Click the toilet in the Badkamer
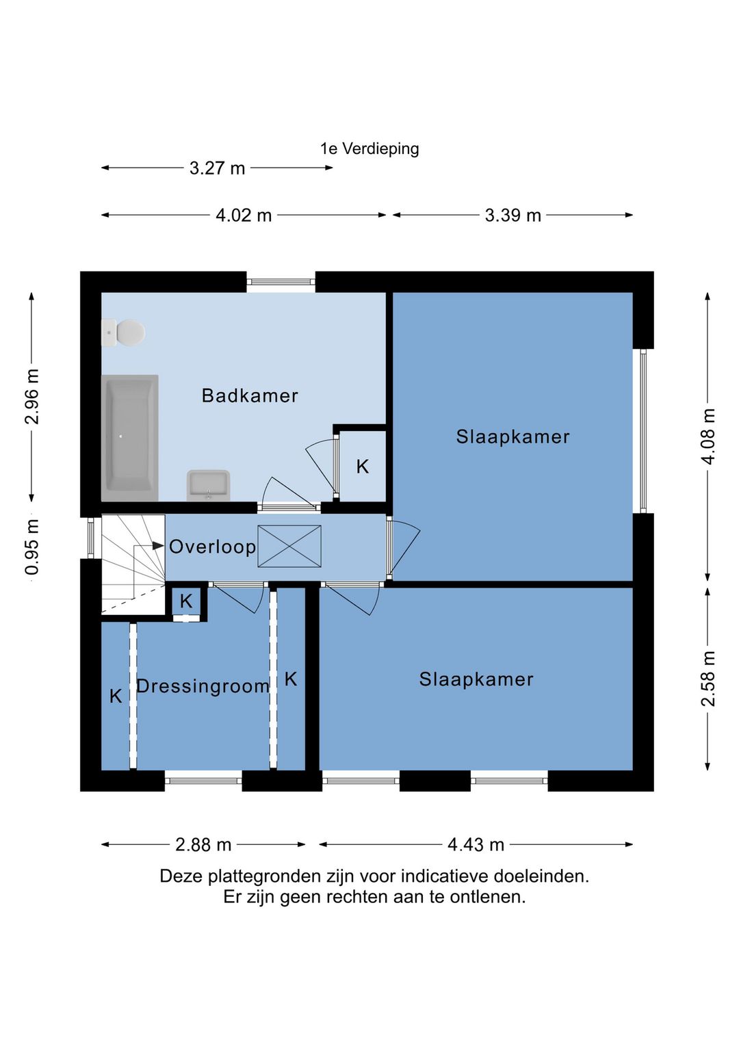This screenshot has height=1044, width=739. [x=123, y=332]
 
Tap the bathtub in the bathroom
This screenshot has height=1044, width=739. [x=129, y=438]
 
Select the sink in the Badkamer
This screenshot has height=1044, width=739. [x=209, y=485]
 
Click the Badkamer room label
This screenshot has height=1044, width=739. [x=250, y=395]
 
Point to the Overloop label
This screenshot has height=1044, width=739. [x=212, y=547]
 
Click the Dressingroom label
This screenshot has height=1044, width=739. [x=203, y=686]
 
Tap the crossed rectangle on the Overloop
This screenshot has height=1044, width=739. [x=289, y=546]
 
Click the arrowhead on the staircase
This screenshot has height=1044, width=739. [x=157, y=545]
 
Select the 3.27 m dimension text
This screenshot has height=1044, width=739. [x=217, y=168]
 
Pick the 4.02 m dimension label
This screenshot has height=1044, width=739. [x=244, y=216]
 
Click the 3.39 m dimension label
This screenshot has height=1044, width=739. [x=513, y=216]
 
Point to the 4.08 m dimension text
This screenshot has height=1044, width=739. [x=708, y=436]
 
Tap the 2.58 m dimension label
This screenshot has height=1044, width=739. [x=708, y=679]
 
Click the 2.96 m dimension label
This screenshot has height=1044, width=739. [x=31, y=397]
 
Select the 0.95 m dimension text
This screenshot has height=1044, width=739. [x=31, y=547]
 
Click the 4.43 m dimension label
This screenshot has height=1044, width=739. [x=476, y=844]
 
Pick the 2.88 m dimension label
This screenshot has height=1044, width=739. [x=203, y=844]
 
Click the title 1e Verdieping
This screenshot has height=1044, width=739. [x=369, y=148]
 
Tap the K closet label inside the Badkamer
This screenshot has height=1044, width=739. [x=362, y=467]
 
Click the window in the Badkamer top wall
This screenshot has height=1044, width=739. [x=281, y=281]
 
